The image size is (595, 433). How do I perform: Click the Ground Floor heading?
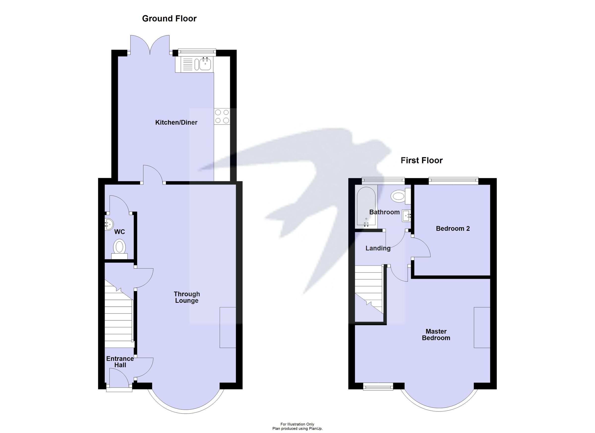(169, 19)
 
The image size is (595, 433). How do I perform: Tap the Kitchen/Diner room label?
(176, 122)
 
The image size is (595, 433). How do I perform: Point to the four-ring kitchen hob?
(222, 116)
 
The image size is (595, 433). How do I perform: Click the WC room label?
(120, 232)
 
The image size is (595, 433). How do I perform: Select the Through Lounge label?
(187, 297)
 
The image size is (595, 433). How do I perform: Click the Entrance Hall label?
(120, 362)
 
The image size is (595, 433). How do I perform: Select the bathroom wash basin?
(406, 216)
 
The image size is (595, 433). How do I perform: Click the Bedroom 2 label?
(452, 229)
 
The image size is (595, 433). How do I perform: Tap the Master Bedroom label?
(436, 334)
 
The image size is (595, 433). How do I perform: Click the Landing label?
(378, 248)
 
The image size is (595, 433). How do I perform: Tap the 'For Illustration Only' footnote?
(297, 424)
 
